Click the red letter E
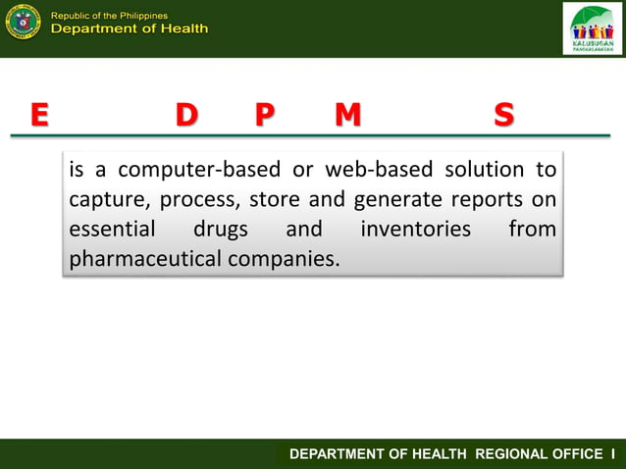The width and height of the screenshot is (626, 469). [x=38, y=116]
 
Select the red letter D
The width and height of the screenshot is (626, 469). [x=185, y=116]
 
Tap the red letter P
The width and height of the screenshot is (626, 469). [x=263, y=116]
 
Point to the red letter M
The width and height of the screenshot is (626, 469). [x=347, y=116]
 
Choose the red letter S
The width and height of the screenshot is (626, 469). [x=503, y=116]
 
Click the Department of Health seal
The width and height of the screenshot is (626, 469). [x=23, y=22]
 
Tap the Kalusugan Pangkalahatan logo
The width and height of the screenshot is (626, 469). [x=592, y=28]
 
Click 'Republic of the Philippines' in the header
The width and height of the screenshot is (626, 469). [x=109, y=15]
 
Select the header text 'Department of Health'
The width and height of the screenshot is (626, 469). [x=129, y=29]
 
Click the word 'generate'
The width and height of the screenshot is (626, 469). [x=397, y=200]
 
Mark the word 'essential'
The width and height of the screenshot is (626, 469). [x=112, y=231]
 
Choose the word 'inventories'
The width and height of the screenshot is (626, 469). [x=415, y=231]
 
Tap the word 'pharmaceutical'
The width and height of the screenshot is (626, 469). [x=145, y=261]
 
